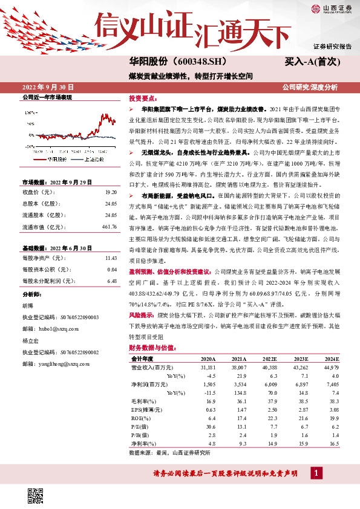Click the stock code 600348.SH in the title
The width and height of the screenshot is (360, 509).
click(201, 62)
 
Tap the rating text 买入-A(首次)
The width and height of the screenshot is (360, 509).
click(313, 62)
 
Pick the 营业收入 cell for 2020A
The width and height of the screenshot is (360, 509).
click(208, 367)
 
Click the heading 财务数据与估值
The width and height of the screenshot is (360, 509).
click(152, 348)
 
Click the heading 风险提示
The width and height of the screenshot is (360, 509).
click(141, 316)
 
